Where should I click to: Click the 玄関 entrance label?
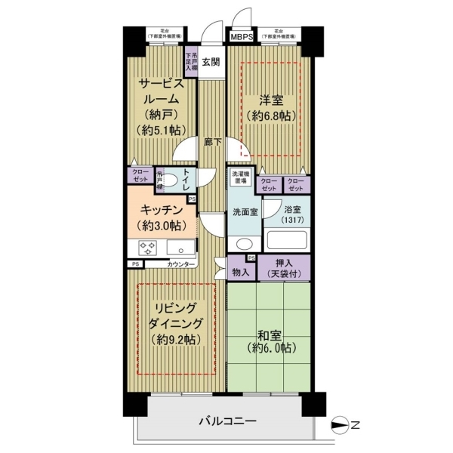(x=210, y=63)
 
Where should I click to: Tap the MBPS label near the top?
(x=242, y=36)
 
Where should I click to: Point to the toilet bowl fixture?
(x=171, y=180)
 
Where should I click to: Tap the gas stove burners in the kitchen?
(x=144, y=248)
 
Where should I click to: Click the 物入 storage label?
(x=241, y=270)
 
